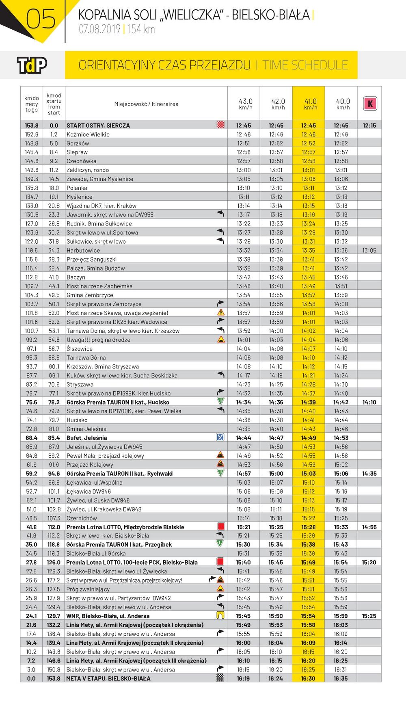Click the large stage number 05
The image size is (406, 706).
pos(41,19)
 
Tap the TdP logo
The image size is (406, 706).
pos(32,65)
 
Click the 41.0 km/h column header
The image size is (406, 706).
pos(311,104)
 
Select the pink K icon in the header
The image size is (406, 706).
pos(370,104)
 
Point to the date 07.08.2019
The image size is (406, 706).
pos(99,29)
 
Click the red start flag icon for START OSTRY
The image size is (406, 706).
pos(220,125)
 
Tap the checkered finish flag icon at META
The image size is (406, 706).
pos(220,678)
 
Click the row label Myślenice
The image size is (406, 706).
pos(80,197)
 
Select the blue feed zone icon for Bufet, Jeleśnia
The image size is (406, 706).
pos(220,437)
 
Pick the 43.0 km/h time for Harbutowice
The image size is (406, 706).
pos(244,250)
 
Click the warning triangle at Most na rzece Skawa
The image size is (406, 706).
pos(220,312)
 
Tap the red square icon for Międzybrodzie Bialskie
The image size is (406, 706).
pos(220,527)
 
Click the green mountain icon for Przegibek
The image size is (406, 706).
pos(220,544)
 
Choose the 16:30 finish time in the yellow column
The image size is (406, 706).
pos(309,678)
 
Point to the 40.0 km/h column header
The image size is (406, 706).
pos(343,104)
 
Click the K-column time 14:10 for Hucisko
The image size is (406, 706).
pos(369,402)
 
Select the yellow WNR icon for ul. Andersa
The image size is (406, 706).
pos(220,615)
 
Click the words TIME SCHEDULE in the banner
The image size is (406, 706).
pos(305,65)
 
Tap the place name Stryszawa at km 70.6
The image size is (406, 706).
pos(80,384)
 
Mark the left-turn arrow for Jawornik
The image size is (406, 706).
pos(220,214)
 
